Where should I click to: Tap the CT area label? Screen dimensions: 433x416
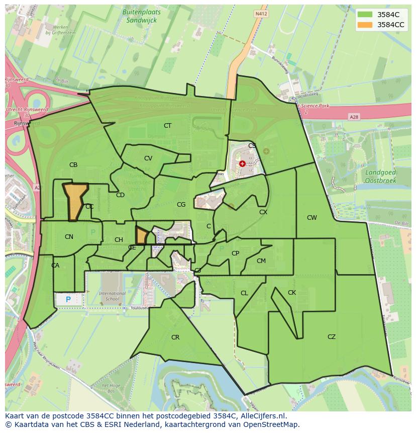coord(167,126)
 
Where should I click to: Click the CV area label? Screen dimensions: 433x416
coord(148,158)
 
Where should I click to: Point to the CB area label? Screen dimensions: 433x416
coord(73,165)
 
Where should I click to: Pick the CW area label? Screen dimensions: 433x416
coord(312,218)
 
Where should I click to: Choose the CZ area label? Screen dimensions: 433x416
coord(331,337)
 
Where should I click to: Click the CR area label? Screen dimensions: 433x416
coord(175,337)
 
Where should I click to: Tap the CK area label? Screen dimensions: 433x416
coord(292,293)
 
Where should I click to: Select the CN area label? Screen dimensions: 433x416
coord(69,237)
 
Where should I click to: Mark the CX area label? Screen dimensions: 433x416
coord(263,212)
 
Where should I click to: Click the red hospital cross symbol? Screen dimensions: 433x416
coord(242,163)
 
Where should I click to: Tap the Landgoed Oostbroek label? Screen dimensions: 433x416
coord(380,176)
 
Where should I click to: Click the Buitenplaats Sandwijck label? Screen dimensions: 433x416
coord(139,16)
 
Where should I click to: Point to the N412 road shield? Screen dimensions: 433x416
coord(260,14)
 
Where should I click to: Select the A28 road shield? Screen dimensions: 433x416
coord(354,117)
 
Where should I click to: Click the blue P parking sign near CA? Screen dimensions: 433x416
coord(68,300)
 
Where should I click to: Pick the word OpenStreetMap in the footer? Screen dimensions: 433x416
coord(272,425)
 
